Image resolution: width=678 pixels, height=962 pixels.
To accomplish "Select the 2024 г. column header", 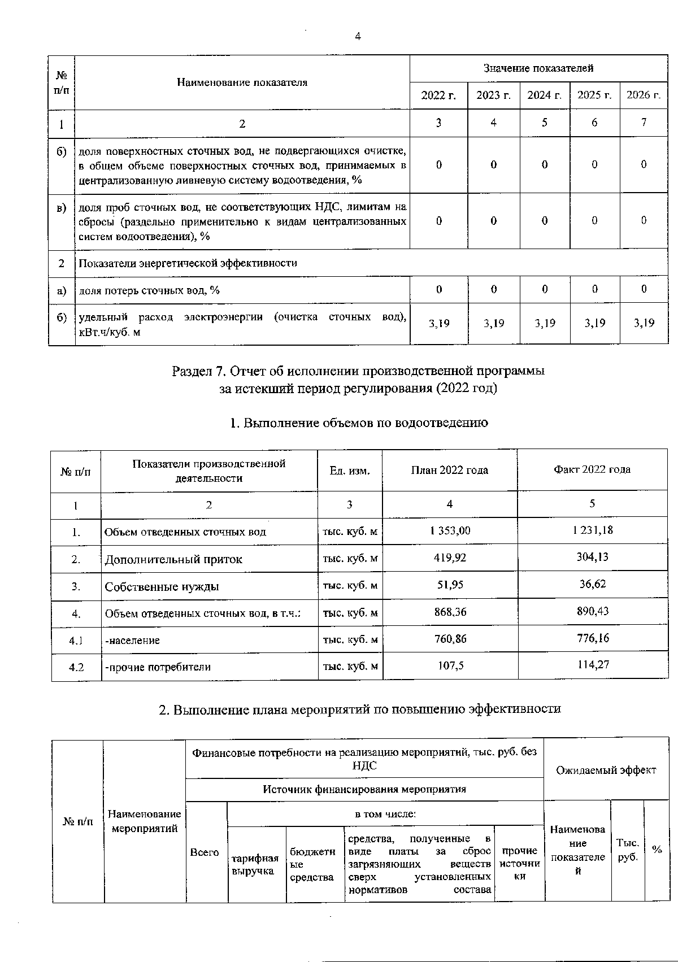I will pos(544,95).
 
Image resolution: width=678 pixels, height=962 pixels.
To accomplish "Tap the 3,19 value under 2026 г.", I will pos(644,323).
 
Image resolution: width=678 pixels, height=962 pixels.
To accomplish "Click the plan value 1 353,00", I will pos(449,531).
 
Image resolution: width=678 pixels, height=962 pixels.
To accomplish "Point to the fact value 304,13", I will pos(593,558).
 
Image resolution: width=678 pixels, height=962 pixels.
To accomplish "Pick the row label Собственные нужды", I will pos(162,586).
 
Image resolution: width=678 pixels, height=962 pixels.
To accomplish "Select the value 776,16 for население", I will pos(593,638).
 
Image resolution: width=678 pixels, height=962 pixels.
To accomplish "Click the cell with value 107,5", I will pos(450,665).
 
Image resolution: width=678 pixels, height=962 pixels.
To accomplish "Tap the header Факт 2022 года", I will pos(592,470).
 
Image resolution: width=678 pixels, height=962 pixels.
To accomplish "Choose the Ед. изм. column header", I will pos(350,471).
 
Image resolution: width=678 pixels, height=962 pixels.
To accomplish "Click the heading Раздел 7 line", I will pos(358,372).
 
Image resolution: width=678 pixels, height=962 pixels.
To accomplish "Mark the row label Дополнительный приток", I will pos(173,559).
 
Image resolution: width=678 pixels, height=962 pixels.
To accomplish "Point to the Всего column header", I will pos(205,852).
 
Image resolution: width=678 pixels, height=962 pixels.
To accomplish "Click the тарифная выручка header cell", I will pos(255,864).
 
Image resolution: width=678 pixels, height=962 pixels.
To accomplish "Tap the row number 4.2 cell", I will pos(76,667).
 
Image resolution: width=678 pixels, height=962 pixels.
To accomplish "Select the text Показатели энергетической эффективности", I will pos(188,263).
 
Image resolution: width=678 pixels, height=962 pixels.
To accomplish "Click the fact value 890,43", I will pos(593,612).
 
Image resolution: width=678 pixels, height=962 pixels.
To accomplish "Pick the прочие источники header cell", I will pos(519,864).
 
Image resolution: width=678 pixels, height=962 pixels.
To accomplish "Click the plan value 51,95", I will pos(450,585).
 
